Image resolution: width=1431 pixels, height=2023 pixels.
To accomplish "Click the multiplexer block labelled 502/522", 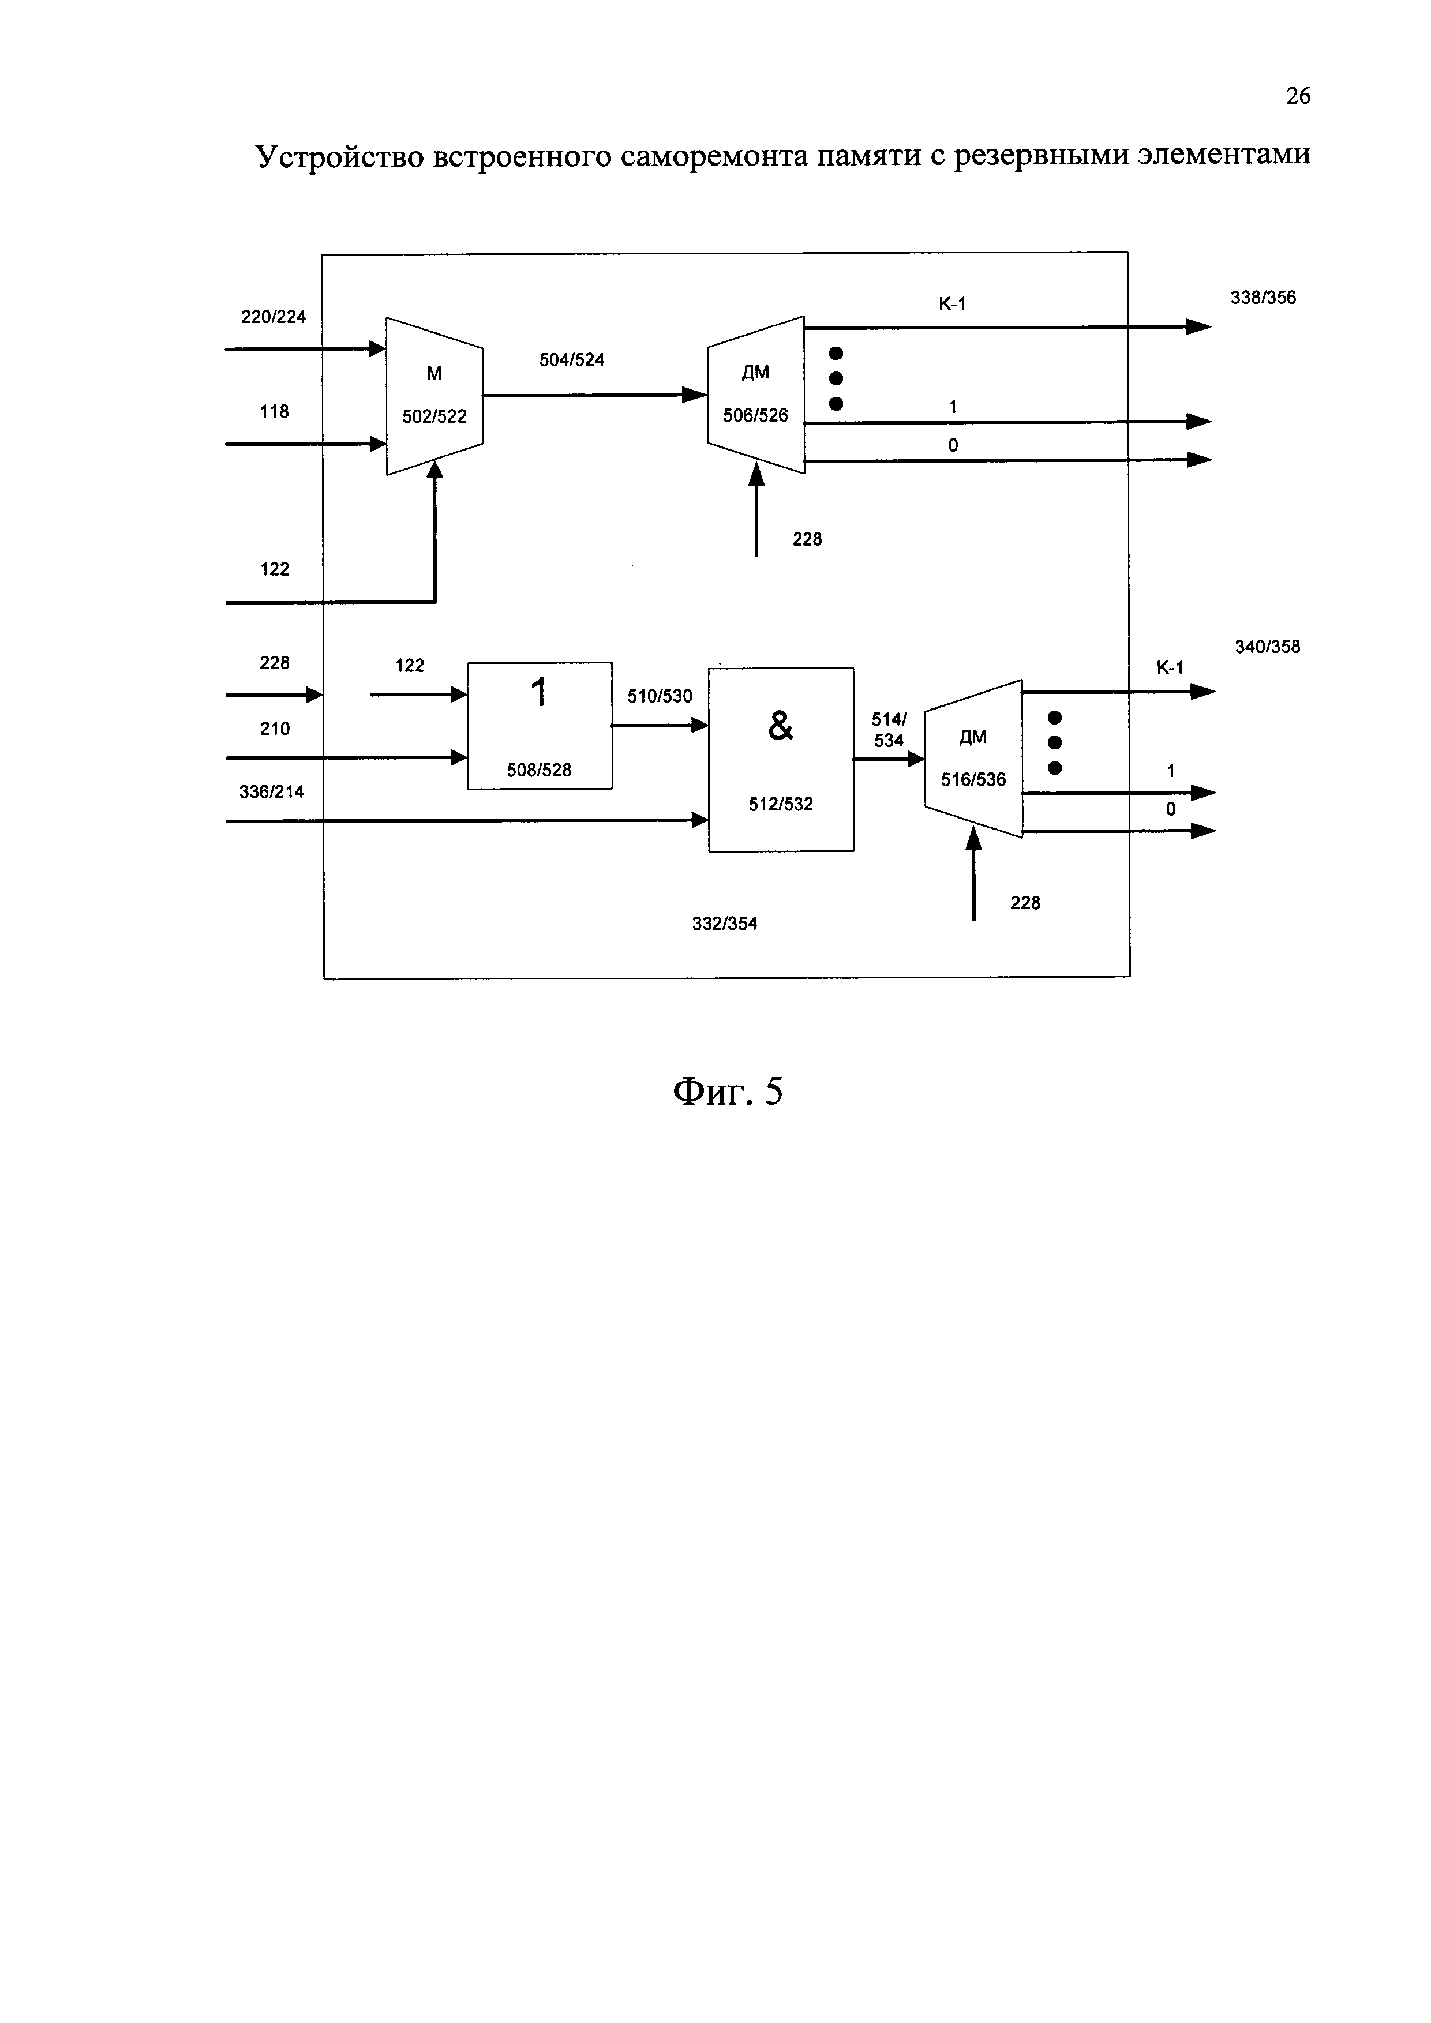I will (x=434, y=396).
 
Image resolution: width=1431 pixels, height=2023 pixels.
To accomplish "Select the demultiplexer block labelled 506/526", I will (x=756, y=395).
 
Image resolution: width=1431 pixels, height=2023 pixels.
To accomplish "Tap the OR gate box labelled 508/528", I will (x=540, y=725).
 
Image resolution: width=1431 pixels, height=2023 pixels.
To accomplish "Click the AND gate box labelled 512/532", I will (x=781, y=760).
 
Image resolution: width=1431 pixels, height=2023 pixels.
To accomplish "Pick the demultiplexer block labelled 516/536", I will (x=973, y=759).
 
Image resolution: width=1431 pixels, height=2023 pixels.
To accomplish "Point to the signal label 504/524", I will (x=572, y=359).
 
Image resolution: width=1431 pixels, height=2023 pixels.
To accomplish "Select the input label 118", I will (x=274, y=411).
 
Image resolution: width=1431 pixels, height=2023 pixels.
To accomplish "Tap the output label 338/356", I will (x=1263, y=298).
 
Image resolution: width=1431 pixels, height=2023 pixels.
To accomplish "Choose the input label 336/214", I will (x=271, y=792).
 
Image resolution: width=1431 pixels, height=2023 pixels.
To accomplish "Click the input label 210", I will (x=275, y=729).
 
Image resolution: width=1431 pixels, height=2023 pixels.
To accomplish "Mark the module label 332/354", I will (x=724, y=924).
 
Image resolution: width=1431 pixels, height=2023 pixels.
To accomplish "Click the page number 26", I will (x=1298, y=96).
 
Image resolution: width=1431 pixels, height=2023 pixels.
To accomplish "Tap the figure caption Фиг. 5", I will (x=728, y=1091).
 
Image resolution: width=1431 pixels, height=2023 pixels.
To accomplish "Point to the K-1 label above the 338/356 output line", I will (x=951, y=304).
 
